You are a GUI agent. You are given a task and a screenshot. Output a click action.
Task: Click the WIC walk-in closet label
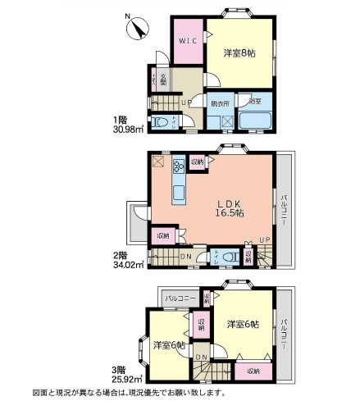[x=187, y=41]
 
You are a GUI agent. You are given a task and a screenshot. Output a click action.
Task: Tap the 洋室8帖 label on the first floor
[x=240, y=52]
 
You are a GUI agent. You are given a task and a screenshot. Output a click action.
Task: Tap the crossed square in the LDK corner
[x=157, y=161]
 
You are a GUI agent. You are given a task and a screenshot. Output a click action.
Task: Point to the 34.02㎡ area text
[x=128, y=264]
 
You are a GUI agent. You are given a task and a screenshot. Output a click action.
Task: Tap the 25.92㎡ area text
[x=128, y=378]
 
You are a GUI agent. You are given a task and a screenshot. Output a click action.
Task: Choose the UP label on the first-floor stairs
[x=186, y=103]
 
